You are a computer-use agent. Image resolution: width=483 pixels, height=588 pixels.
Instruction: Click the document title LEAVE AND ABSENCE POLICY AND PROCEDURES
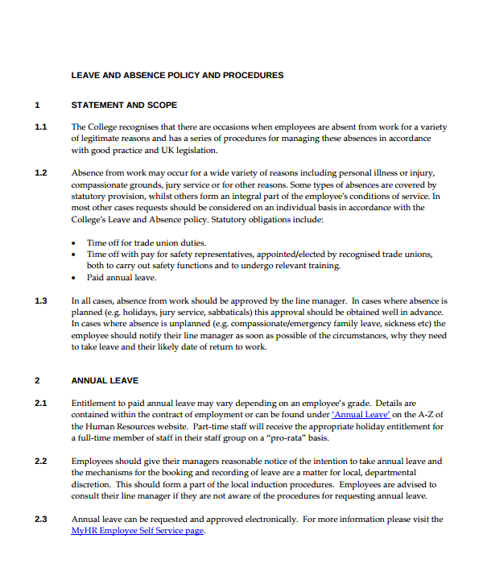(x=177, y=76)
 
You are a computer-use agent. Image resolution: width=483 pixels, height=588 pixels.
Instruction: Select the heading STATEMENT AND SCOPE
(x=124, y=105)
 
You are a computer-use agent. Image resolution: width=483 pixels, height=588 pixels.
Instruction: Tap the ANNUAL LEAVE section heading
(x=105, y=380)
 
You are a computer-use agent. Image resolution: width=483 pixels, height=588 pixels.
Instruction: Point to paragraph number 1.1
(x=41, y=127)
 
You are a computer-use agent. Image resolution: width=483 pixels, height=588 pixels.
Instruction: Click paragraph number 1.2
(x=41, y=172)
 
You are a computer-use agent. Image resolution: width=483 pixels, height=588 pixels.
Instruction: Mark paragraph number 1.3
(x=41, y=301)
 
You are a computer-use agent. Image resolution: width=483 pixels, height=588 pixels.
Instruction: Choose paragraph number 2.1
(x=41, y=403)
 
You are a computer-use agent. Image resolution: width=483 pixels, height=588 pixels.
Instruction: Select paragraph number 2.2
(x=41, y=462)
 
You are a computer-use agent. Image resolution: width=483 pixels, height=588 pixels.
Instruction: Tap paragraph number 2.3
(x=41, y=520)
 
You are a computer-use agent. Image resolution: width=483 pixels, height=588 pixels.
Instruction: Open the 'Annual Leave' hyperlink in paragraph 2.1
(x=361, y=415)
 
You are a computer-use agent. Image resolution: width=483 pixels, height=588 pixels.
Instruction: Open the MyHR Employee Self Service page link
(x=138, y=532)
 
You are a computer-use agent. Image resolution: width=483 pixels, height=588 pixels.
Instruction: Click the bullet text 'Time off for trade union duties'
(x=147, y=242)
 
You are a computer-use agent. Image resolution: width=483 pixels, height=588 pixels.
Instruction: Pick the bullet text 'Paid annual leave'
(x=122, y=277)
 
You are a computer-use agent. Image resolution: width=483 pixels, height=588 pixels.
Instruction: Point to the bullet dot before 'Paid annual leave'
(x=75, y=278)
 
